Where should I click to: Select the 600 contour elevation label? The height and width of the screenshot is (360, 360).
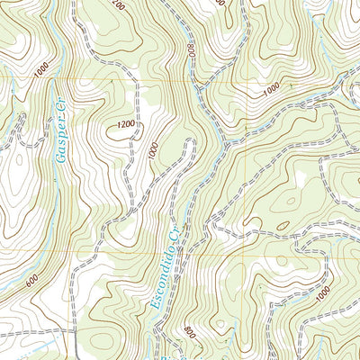(x=33, y=280)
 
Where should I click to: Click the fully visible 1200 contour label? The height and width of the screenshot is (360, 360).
(x=125, y=122)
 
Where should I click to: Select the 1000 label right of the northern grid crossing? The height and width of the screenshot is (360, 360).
(x=273, y=92)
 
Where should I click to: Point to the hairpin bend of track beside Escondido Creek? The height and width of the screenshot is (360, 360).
(x=191, y=142)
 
